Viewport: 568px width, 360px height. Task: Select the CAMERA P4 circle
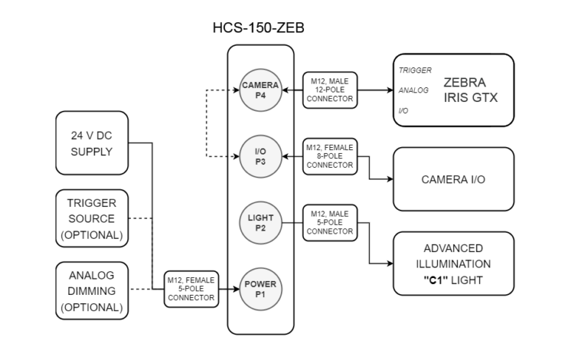tap(259, 90)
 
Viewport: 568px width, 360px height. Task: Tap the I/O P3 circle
tap(259, 156)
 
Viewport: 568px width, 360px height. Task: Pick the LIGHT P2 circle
tap(259, 221)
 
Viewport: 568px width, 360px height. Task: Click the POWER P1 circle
tap(259, 286)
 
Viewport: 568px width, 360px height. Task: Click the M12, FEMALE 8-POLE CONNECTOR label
tap(330, 156)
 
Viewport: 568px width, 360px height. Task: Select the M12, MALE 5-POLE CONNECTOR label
tap(330, 221)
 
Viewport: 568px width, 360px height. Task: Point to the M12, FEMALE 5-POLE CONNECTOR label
tap(191, 288)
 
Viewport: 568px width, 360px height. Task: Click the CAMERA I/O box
tap(453, 178)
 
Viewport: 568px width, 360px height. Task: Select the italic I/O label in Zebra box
tap(405, 110)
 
